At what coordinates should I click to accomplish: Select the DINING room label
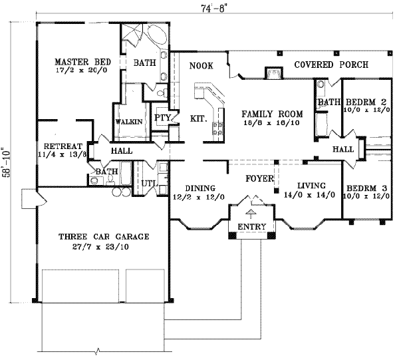coord(198,188)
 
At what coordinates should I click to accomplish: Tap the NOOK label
coord(200,66)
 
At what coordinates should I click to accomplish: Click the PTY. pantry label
coord(163,117)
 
